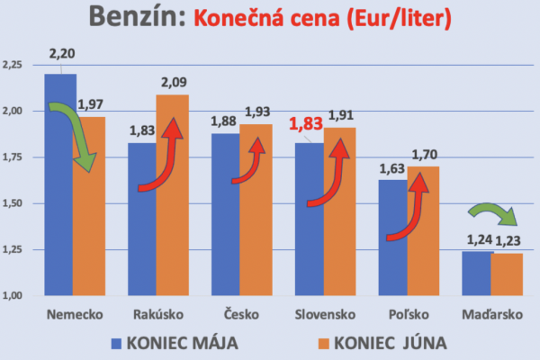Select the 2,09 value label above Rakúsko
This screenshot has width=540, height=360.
coord(175,82)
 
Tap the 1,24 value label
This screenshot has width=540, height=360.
coord(476,239)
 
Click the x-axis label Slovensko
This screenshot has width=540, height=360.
coord(327,315)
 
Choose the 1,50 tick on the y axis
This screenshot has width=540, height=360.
coord(17,204)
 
